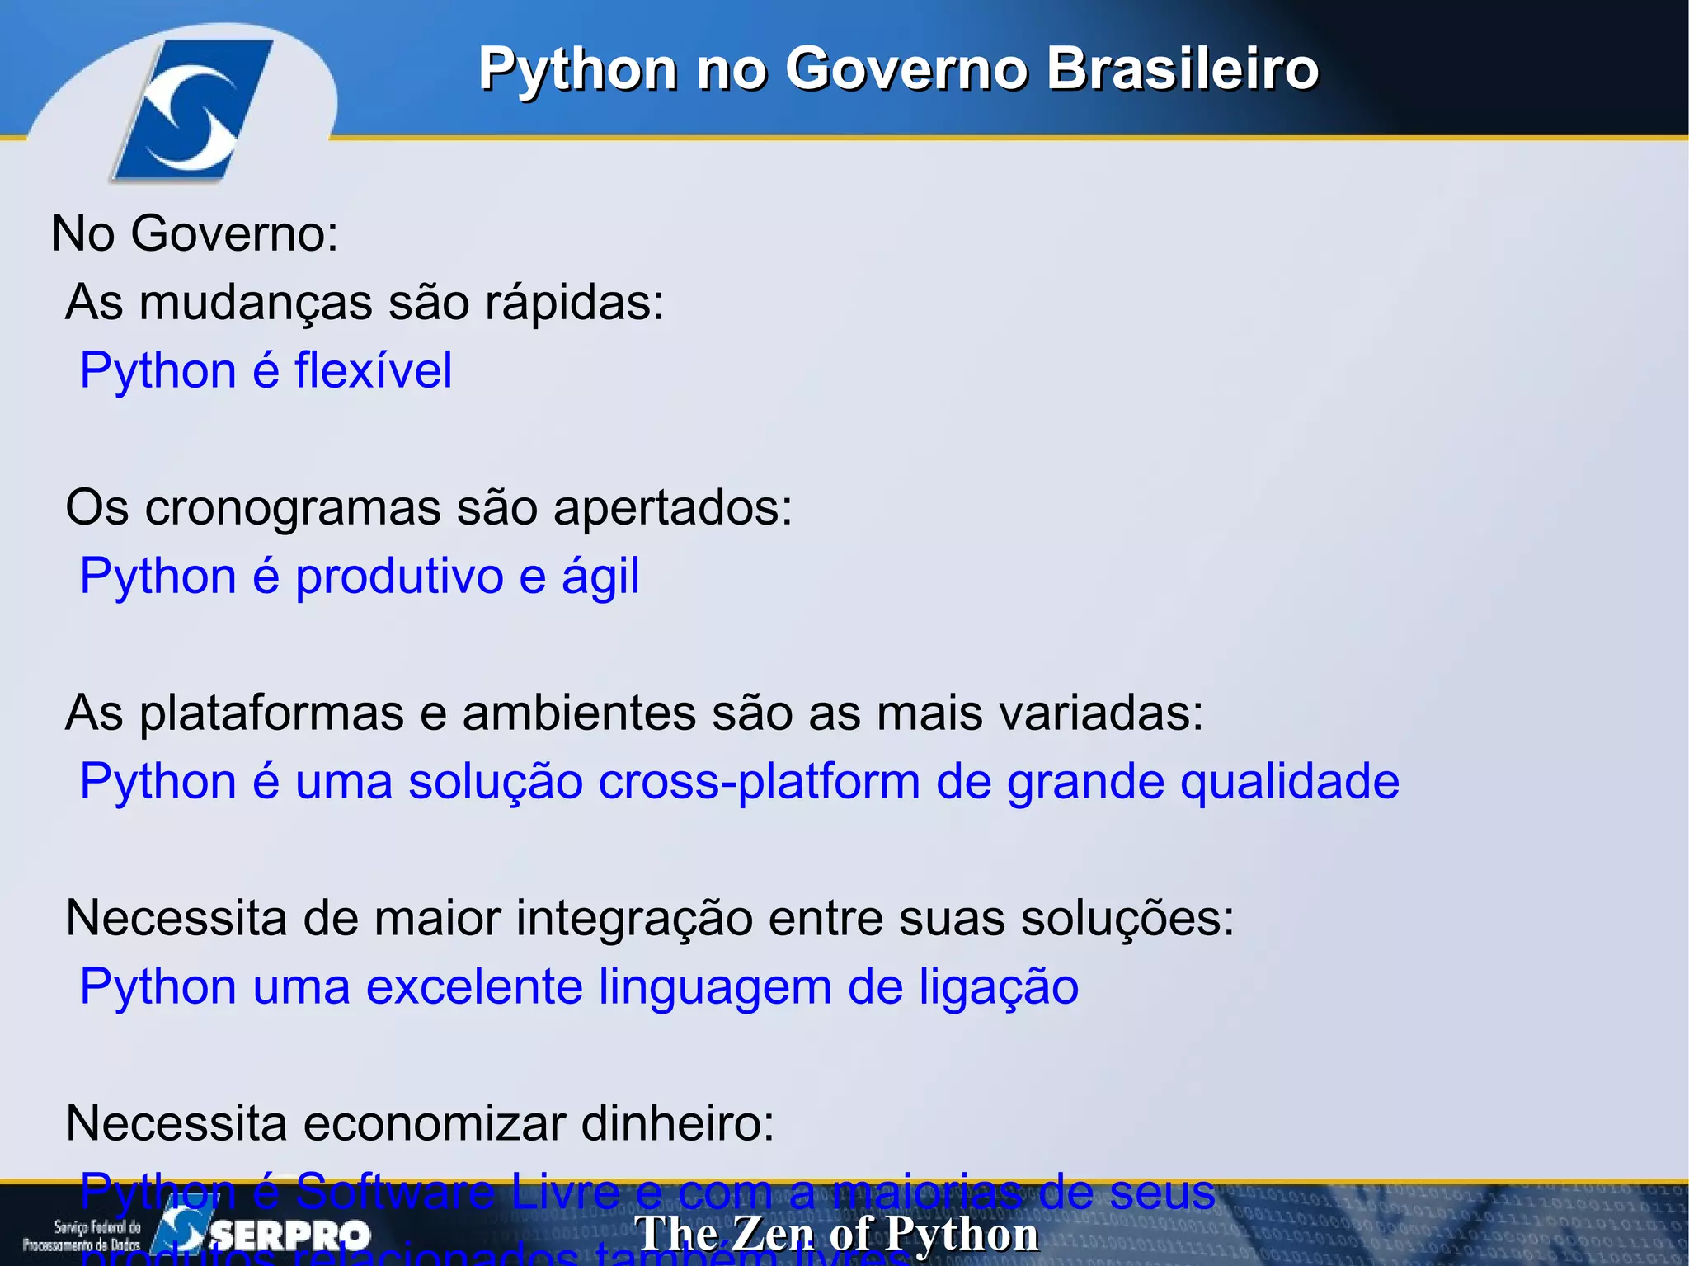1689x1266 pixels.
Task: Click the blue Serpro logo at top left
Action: (192, 109)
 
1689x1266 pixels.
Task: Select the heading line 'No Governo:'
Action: (195, 233)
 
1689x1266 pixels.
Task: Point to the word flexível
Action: (373, 370)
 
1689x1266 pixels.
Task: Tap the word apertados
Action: (671, 507)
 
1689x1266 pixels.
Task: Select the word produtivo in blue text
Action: (399, 576)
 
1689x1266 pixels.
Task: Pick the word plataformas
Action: (271, 713)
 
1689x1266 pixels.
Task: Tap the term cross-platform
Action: (759, 782)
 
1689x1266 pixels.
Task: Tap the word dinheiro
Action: (677, 1123)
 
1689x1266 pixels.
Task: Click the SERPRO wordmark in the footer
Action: (290, 1235)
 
